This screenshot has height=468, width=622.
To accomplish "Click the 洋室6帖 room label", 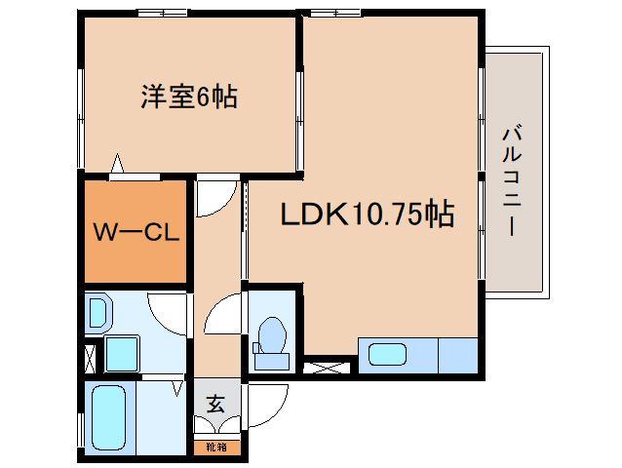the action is tap(189, 97).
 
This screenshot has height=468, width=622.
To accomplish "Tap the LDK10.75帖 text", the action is tap(368, 214).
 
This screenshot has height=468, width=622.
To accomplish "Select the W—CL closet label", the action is tap(136, 232).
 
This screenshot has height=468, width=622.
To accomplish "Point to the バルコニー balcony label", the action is tap(512, 180).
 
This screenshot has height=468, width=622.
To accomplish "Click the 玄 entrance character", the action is tap(215, 405).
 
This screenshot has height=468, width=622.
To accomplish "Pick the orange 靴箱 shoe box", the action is tap(217, 448).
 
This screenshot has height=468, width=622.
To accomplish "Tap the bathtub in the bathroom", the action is tap(108, 418).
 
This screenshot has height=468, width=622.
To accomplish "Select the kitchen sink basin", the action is tap(388, 355).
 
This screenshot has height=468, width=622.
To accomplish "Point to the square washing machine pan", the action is tap(122, 354).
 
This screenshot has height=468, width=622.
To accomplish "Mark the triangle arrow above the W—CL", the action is tap(117, 163).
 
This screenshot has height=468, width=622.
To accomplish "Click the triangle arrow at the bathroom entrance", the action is tap(177, 389).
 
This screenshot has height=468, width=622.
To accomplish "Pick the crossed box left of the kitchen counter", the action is tap(327, 368).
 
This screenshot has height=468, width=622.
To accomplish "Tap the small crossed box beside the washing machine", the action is tap(90, 360).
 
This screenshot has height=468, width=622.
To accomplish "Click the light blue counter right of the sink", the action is tap(458, 355).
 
